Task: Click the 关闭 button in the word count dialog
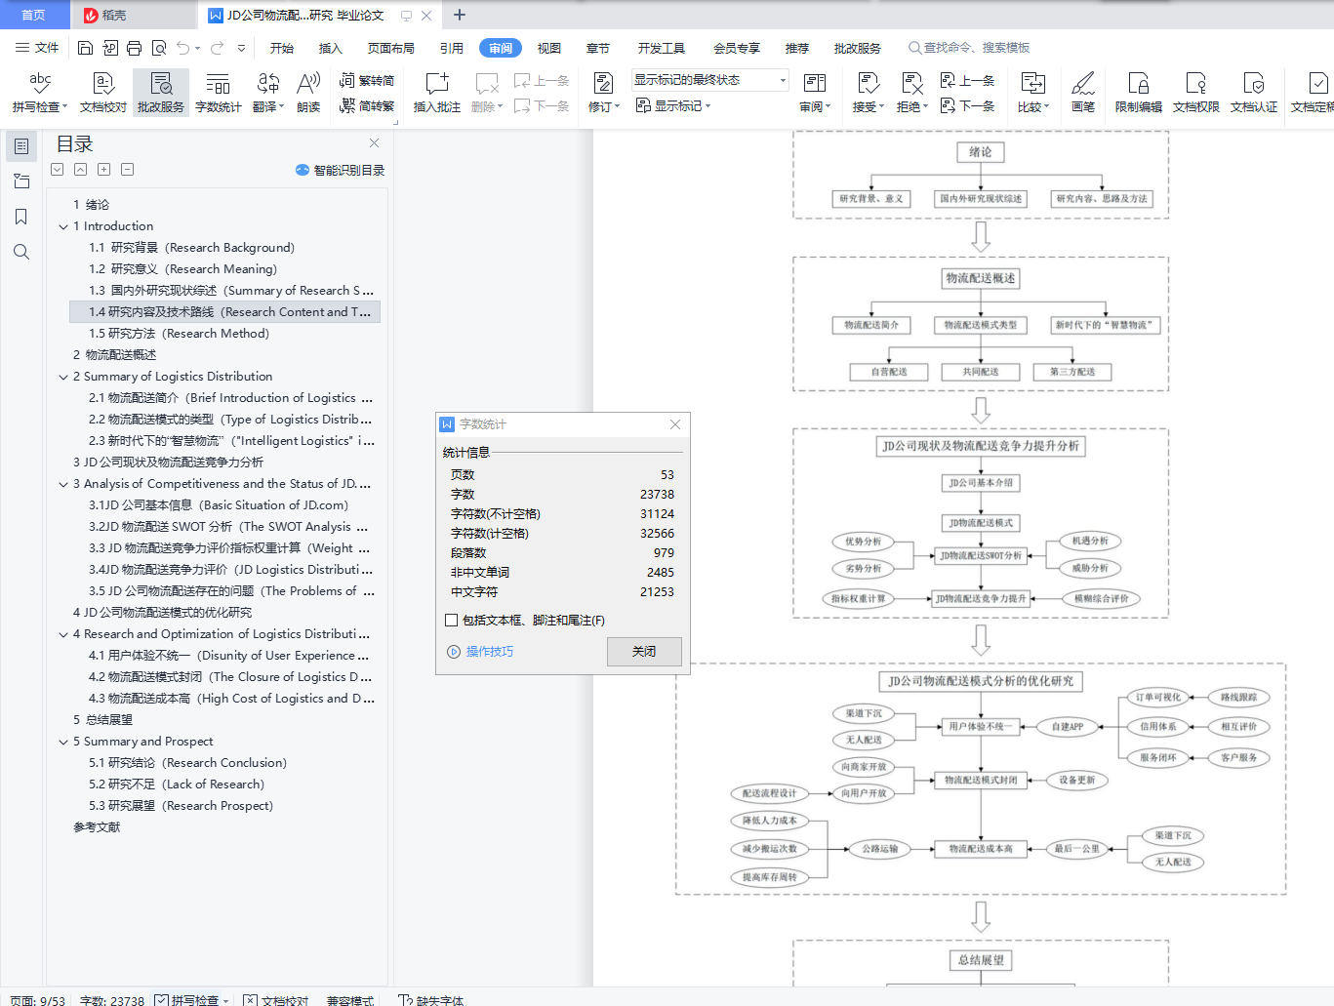[x=644, y=652]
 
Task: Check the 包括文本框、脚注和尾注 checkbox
[x=451, y=621]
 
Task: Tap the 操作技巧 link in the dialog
[x=489, y=652]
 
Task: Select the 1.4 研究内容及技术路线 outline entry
[x=224, y=312]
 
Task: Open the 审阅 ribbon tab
[x=501, y=48]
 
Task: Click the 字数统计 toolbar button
[x=218, y=93]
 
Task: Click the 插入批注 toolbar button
[x=436, y=93]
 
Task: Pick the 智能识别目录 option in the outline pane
[x=341, y=170]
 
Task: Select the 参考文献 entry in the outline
[x=97, y=827]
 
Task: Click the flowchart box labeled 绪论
[x=981, y=152]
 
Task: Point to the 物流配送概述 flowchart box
[x=981, y=278]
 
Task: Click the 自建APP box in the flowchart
[x=1068, y=726]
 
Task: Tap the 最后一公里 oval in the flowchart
[x=1076, y=849]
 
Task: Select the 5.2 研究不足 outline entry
[x=176, y=785]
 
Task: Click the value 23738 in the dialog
[x=657, y=495]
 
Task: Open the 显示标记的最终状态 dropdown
[x=709, y=80]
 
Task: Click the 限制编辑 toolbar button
[x=1138, y=93]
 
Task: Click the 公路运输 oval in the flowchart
[x=879, y=849]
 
